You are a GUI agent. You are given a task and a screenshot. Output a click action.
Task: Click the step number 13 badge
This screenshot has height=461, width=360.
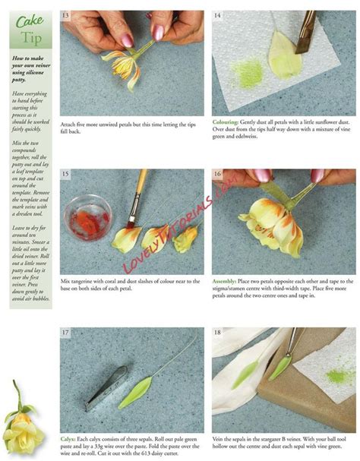(67, 15)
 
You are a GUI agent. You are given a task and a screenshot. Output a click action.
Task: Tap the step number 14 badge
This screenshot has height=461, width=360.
(218, 15)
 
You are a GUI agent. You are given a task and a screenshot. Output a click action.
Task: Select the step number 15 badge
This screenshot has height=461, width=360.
(67, 174)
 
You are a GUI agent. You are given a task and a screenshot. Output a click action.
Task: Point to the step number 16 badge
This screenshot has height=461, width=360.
(218, 174)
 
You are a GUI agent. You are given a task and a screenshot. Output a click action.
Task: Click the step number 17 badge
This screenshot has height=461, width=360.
(67, 333)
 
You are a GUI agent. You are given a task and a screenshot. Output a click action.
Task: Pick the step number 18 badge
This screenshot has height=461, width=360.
(218, 333)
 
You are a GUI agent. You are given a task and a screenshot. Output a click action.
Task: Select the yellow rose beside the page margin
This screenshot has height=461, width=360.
(21, 422)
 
